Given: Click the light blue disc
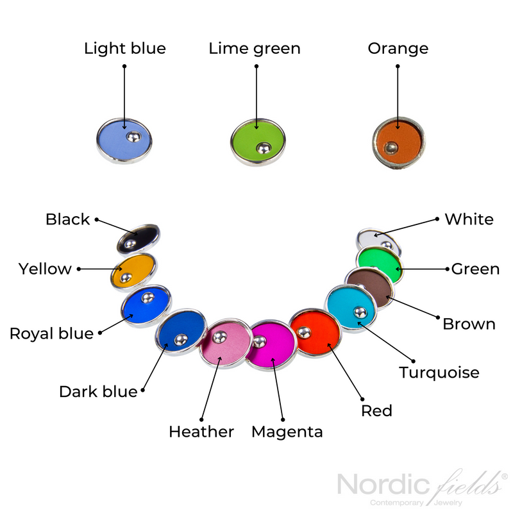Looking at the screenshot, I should point(124,140).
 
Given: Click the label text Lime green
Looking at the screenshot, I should point(255,48).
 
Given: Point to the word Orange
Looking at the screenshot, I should point(398,48).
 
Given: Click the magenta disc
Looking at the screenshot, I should point(273,347).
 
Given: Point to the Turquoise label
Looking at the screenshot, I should point(439,372).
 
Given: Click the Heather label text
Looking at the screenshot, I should point(201,432).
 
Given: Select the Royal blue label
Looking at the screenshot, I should point(51,333).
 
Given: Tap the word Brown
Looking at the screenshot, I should point(469,323).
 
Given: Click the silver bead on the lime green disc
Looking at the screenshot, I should point(263,148).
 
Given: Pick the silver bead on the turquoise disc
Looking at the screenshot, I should point(360,312).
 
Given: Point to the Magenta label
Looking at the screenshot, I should point(287,432).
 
